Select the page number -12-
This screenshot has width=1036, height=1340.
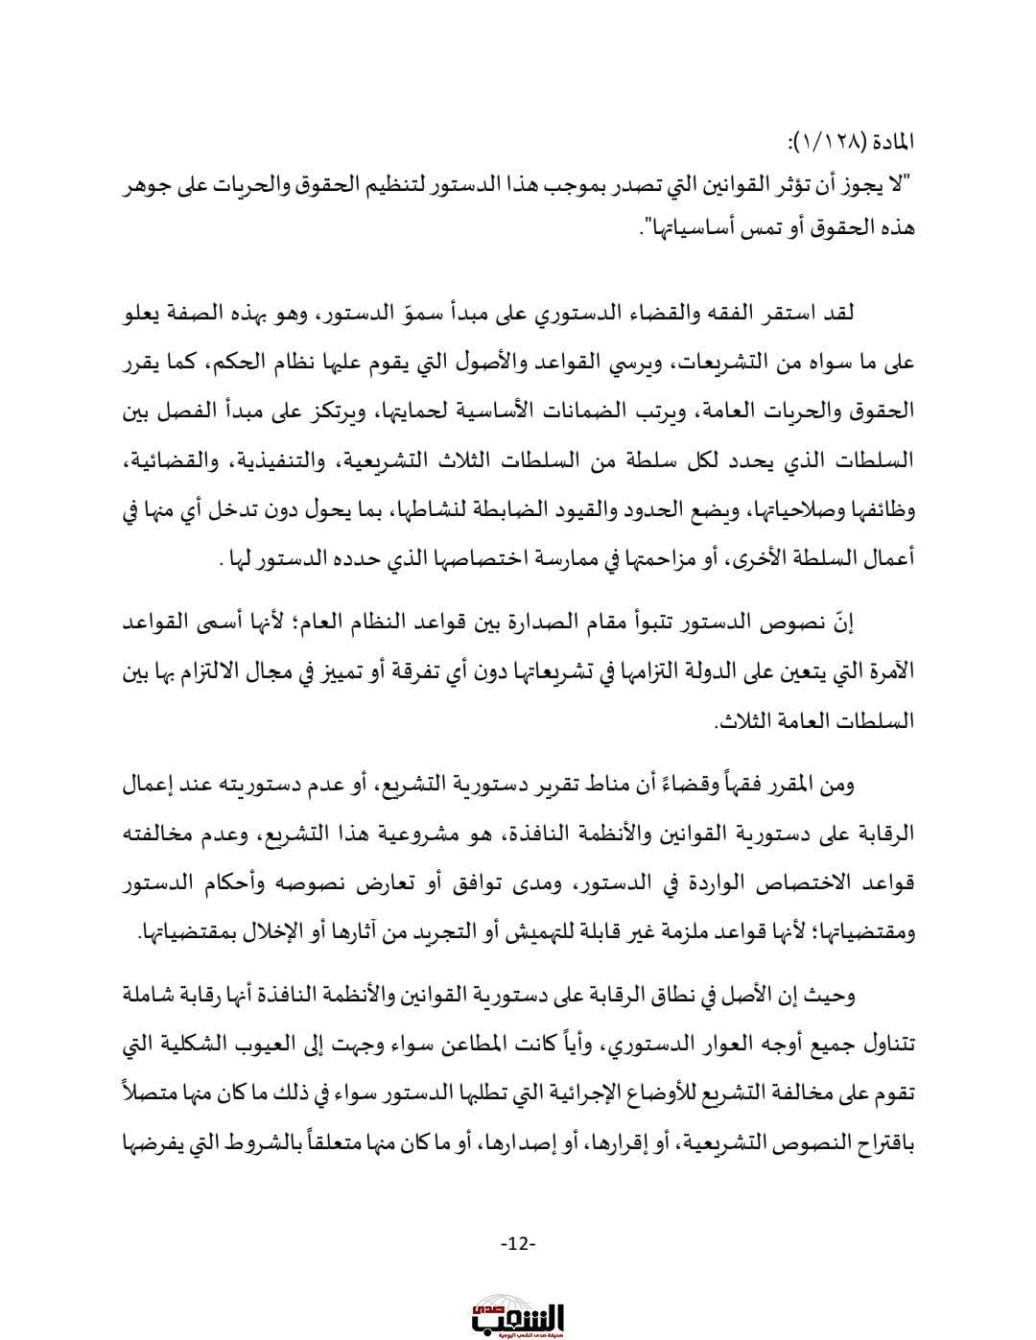coord(518,1244)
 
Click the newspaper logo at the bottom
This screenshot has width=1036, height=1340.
coord(518,1313)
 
